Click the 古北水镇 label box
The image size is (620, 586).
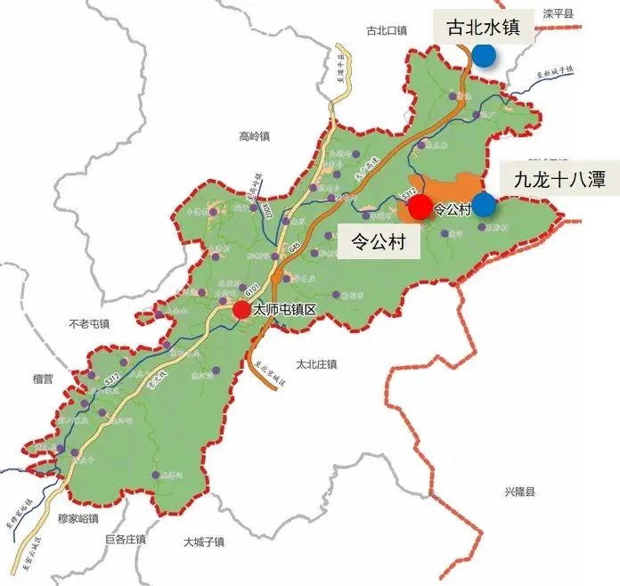pos(484,28)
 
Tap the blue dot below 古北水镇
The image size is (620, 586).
pos(485,55)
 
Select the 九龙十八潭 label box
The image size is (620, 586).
pos(559,180)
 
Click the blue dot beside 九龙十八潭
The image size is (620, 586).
pos(484,205)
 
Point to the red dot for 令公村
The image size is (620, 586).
pos(420,208)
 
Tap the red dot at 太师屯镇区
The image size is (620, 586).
pos(241,310)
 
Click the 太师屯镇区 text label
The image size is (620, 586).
pos(285,311)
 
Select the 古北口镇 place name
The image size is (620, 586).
pos(386,30)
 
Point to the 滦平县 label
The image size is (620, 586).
pos(559,13)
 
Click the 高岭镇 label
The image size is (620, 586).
pos(254,136)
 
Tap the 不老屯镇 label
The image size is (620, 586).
pos(88,322)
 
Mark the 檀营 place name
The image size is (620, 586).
pos(43,378)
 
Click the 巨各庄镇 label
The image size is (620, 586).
pos(125,540)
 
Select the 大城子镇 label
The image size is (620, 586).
pos(204,541)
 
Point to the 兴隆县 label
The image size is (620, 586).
pos(521,492)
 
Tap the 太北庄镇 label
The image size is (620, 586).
pos(317,364)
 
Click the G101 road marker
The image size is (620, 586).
pos(251,290)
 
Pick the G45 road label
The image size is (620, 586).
pos(294,247)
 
